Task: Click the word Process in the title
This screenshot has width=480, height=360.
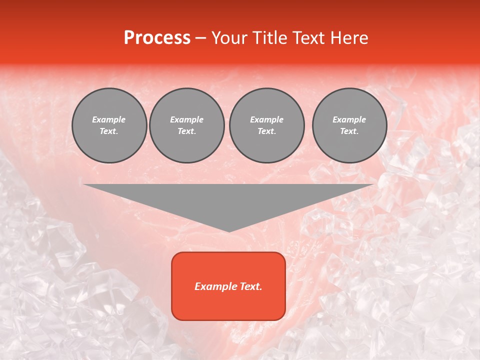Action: pyautogui.click(x=157, y=37)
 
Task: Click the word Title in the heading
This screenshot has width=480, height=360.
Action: pyautogui.click(x=267, y=37)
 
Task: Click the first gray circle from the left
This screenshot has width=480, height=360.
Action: pyautogui.click(x=109, y=125)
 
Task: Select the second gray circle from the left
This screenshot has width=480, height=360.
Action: pyautogui.click(x=187, y=125)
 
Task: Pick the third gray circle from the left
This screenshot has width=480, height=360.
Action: pyautogui.click(x=266, y=125)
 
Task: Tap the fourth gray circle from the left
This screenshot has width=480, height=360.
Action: pyautogui.click(x=349, y=125)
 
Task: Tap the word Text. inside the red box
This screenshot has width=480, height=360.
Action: pyautogui.click(x=250, y=286)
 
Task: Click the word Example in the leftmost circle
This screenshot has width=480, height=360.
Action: pyautogui.click(x=109, y=119)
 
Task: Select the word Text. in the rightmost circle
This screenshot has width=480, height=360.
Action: pyautogui.click(x=349, y=131)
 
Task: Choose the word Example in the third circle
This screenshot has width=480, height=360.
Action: pyautogui.click(x=266, y=119)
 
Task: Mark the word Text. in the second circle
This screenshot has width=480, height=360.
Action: pyautogui.click(x=187, y=131)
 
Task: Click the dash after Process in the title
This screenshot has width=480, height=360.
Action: pyautogui.click(x=200, y=38)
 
